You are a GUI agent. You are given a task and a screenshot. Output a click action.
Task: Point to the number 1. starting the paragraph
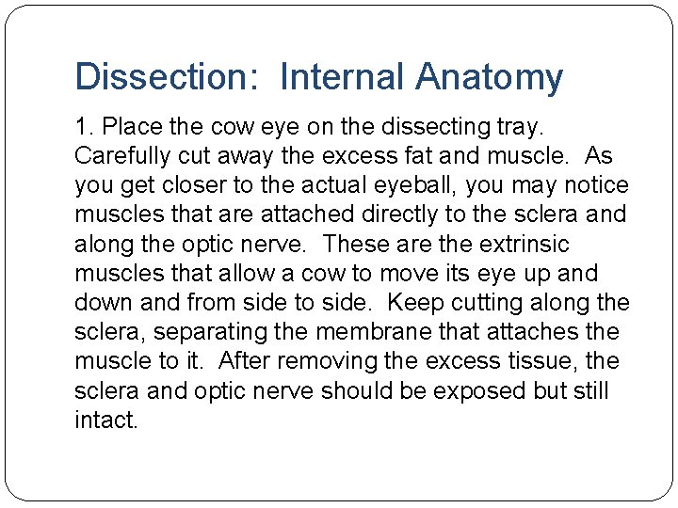(84, 125)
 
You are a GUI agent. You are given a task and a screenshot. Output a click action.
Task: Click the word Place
(129, 125)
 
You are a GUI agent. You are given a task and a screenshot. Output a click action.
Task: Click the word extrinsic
(524, 244)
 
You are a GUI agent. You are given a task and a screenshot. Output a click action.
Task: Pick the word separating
(230, 332)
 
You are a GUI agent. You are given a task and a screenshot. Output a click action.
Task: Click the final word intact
(105, 421)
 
